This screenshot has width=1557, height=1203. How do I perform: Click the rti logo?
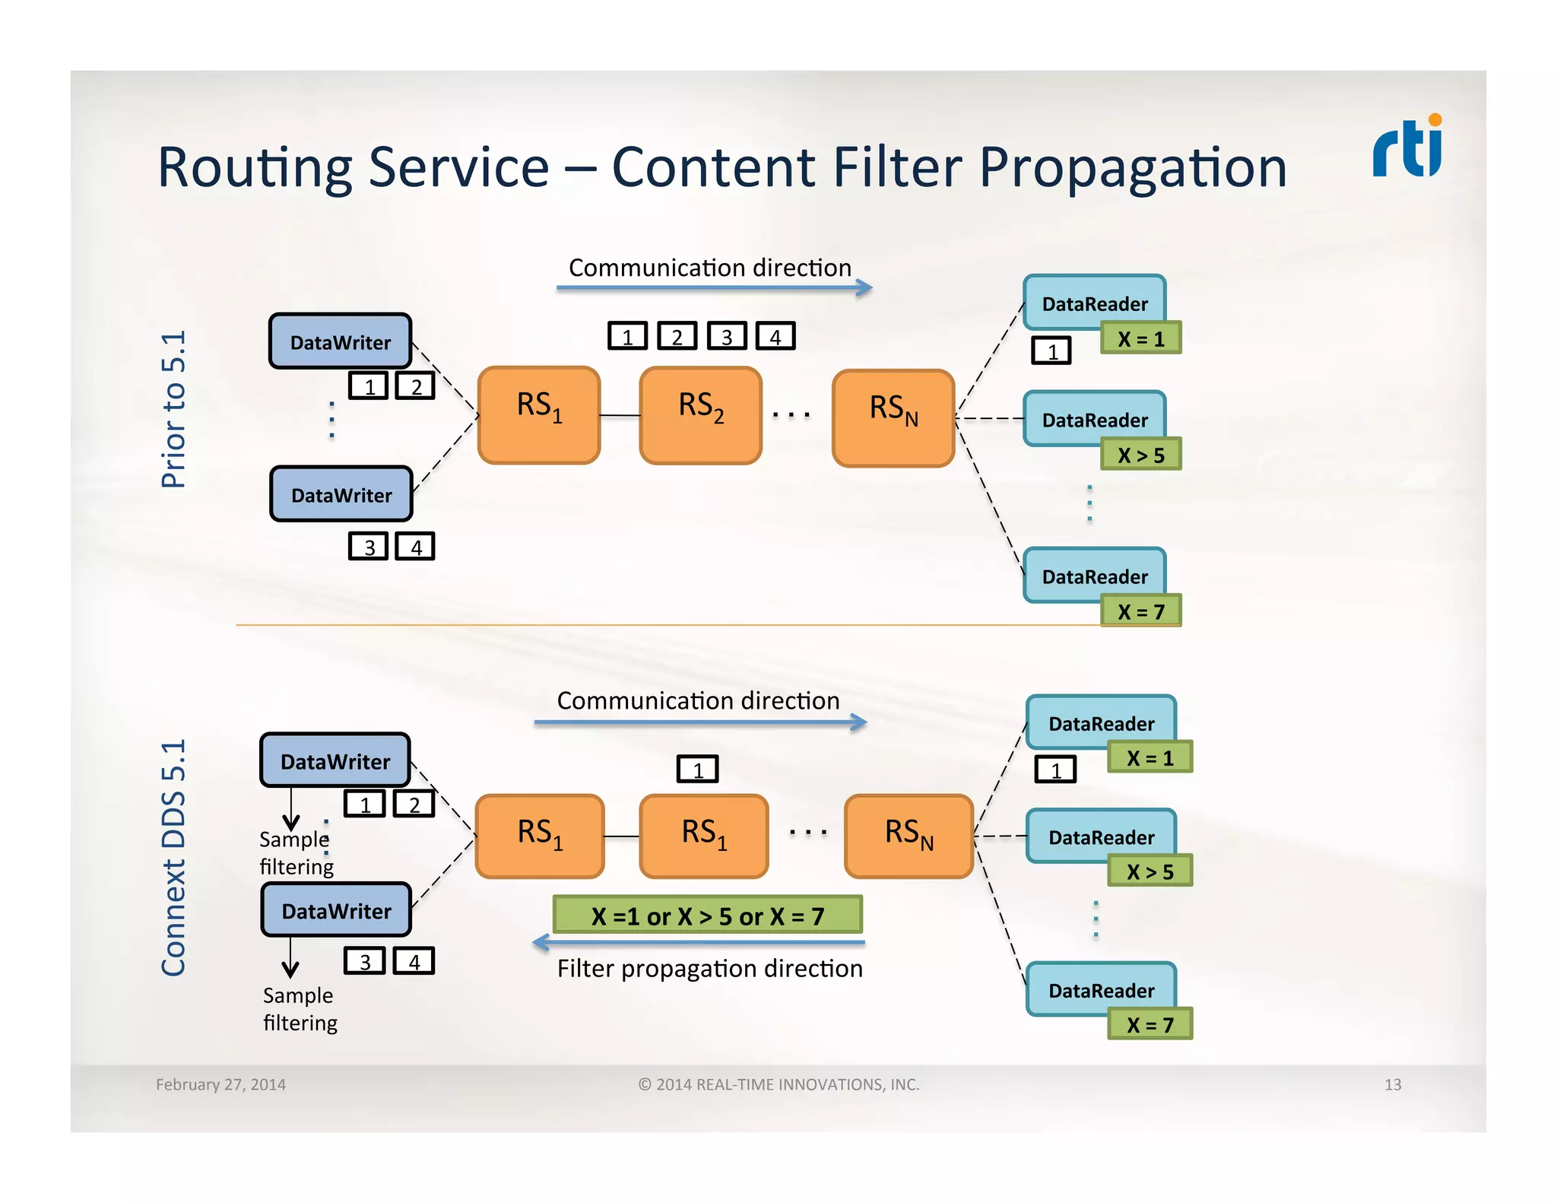click(x=1407, y=148)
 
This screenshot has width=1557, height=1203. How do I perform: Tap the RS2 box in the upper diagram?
click(x=700, y=415)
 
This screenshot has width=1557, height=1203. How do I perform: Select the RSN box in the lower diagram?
click(x=909, y=836)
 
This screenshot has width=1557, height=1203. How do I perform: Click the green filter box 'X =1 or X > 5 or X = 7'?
click(x=708, y=916)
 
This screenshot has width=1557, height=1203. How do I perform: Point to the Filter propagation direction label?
click(x=709, y=969)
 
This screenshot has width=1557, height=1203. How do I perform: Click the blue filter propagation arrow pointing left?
click(x=698, y=943)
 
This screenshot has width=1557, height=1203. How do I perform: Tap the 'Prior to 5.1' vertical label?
click(x=173, y=409)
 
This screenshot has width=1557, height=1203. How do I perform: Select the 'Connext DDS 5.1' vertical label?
click(x=173, y=857)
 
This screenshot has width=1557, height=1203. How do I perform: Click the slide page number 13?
click(x=1392, y=1084)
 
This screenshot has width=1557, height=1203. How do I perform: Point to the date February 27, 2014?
click(x=220, y=1084)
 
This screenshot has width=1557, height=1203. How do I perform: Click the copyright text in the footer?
click(x=778, y=1084)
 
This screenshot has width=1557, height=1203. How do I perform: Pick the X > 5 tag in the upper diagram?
click(x=1140, y=455)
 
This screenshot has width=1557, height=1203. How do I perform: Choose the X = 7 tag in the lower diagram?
click(x=1150, y=1024)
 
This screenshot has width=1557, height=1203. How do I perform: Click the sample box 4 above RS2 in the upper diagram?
click(x=775, y=336)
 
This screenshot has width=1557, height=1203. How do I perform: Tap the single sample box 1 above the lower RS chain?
click(x=697, y=770)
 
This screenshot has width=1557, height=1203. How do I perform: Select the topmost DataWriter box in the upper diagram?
click(x=341, y=341)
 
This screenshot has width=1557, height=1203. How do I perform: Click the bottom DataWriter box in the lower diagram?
click(x=336, y=910)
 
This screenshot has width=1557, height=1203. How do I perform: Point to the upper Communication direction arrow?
click(x=714, y=287)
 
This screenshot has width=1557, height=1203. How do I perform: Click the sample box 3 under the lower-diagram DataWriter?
click(x=365, y=961)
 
